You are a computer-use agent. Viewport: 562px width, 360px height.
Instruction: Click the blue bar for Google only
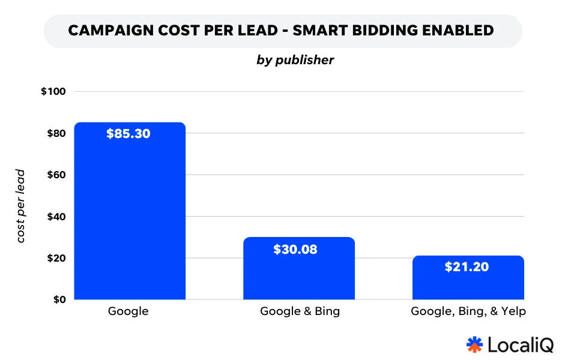129,216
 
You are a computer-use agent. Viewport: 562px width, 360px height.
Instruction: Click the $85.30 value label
128,134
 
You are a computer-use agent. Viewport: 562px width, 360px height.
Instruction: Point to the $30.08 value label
295,250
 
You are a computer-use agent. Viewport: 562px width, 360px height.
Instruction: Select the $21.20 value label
467,268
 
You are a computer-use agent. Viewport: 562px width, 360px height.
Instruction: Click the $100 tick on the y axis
53,92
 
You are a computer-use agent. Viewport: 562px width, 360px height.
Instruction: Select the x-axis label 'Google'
128,311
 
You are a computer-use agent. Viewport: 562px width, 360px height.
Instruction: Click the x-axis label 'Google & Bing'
300,311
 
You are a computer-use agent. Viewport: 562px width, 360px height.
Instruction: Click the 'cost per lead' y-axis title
21,206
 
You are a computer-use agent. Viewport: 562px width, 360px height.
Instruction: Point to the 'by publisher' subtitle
295,61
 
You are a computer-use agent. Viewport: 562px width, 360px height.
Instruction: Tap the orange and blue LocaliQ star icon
474,344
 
